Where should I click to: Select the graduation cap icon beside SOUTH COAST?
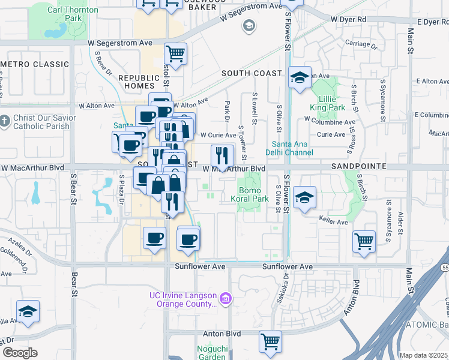pyautogui.click(x=300, y=77)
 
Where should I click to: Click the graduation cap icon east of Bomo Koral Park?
pyautogui.click(x=304, y=197)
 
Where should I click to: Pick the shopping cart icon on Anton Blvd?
pyautogui.click(x=270, y=341)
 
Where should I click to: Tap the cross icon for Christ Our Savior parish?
pyautogui.click(x=5, y=122)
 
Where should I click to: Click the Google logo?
pyautogui.click(x=20, y=353)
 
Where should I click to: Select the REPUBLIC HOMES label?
pyautogui.click(x=139, y=82)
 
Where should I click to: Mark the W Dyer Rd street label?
pyautogui.click(x=348, y=19)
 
